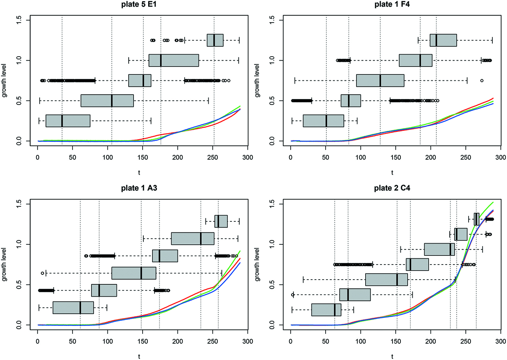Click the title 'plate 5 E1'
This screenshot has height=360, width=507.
pyautogui.click(x=143, y=5)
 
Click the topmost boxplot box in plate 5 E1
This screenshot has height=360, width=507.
pyautogui.click(x=215, y=40)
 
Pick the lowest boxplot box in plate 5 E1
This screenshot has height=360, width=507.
pyautogui.click(x=68, y=121)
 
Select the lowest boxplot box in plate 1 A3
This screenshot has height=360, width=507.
pyautogui.click(x=73, y=308)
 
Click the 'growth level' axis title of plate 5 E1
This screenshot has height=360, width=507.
pyautogui.click(x=5, y=81)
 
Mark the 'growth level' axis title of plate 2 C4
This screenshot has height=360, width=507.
pyautogui.click(x=258, y=265)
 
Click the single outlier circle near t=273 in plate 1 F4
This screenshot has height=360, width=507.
pyautogui.click(x=482, y=80)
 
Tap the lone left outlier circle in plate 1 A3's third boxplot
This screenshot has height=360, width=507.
pyautogui.click(x=42, y=273)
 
